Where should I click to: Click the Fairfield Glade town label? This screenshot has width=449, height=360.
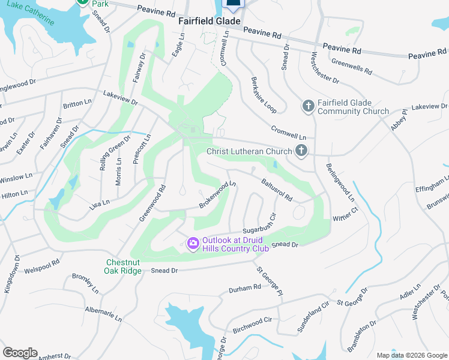point(209,21)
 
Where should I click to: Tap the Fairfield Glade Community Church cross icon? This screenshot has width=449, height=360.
point(308,106)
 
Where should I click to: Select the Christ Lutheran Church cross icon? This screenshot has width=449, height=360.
point(301,151)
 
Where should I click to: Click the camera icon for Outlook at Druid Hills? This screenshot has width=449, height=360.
point(193,243)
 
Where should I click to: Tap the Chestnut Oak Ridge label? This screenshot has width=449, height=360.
point(124,266)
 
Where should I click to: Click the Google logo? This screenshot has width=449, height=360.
point(20,353)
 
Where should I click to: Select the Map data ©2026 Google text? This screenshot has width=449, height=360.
point(412,355)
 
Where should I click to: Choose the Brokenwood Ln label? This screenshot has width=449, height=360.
point(217,196)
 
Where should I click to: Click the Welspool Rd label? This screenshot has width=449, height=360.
point(42,266)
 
